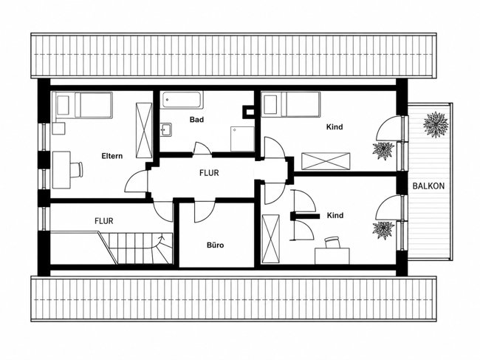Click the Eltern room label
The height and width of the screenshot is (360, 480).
pyautogui.click(x=112, y=156)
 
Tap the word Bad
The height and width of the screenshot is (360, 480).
pyautogui.click(x=196, y=120)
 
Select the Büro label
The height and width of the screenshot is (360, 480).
pyautogui.click(x=215, y=245)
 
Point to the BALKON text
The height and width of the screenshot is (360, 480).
pyautogui.click(x=428, y=186)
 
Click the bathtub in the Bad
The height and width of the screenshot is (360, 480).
pyautogui.click(x=182, y=100)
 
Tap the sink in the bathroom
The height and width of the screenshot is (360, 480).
pyautogui.click(x=166, y=129)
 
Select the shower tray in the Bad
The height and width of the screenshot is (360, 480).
pyautogui.click(x=242, y=139)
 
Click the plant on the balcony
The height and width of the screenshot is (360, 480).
pyautogui.click(x=436, y=125)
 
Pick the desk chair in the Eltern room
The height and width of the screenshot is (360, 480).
pyautogui.click(x=77, y=169)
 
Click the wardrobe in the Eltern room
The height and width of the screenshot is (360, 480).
pyautogui.click(x=144, y=131)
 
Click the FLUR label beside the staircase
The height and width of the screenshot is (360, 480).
pyautogui.click(x=104, y=221)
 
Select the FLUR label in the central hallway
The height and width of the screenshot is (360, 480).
pyautogui.click(x=209, y=173)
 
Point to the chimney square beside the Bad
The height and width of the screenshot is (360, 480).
pyautogui.click(x=248, y=112)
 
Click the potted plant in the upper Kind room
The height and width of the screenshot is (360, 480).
pyautogui.click(x=383, y=151)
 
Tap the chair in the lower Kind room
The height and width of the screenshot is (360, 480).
pyautogui.click(x=333, y=242)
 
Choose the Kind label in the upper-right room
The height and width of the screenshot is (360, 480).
pyautogui.click(x=335, y=127)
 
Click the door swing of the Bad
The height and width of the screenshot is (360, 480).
pyautogui.click(x=202, y=148)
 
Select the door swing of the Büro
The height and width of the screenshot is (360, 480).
pyautogui.click(x=205, y=211)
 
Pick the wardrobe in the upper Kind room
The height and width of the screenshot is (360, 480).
pyautogui.click(x=326, y=161)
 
